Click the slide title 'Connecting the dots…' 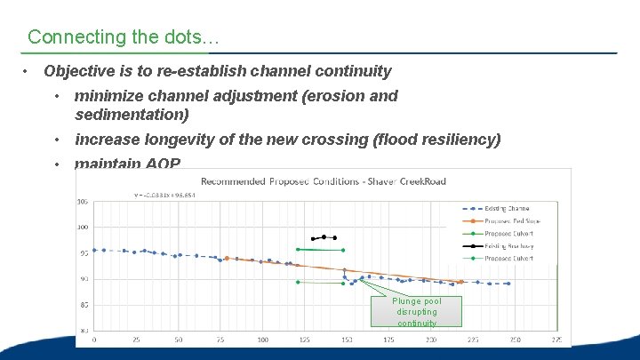click(x=124, y=37)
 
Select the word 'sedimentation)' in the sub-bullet click(x=132, y=115)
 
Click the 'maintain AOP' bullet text click(x=127, y=164)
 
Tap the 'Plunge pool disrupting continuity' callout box click(x=417, y=311)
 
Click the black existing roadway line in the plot click(x=324, y=237)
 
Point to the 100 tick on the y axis click(x=83, y=228)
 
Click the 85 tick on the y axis click(x=83, y=305)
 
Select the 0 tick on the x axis click(x=94, y=339)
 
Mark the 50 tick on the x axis click(x=179, y=339)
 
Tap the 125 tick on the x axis click(x=305, y=339)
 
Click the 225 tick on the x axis click(x=473, y=339)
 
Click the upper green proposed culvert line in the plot click(x=320, y=250)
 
